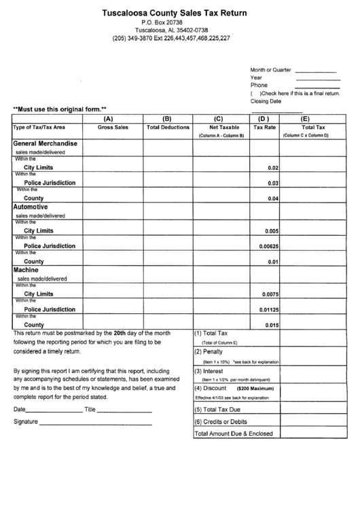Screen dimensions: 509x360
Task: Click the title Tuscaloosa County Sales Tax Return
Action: coord(175,12)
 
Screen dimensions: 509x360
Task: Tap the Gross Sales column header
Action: coord(112,127)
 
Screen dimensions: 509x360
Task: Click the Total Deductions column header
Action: coord(168,127)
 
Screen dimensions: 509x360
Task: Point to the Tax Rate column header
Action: coord(264,127)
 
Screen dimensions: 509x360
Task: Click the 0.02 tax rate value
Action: coord(273,168)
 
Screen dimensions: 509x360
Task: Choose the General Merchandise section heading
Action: coord(45,143)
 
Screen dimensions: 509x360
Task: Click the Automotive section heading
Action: coord(30,206)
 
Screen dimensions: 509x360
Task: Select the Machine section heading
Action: coord(26,270)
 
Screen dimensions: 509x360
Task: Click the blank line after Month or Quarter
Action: coord(316,71)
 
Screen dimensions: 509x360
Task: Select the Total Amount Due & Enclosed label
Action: coord(234,434)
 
